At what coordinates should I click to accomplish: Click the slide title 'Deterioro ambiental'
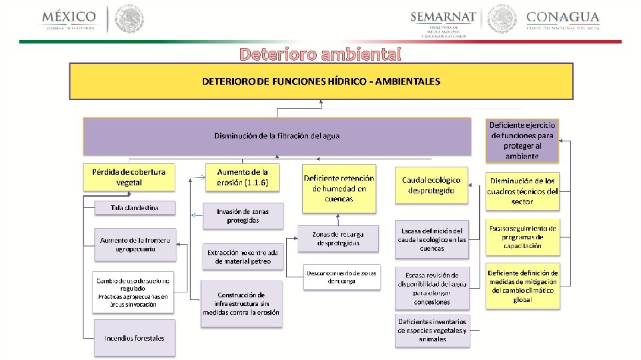(320, 54)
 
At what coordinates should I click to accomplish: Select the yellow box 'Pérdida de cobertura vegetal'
(129, 177)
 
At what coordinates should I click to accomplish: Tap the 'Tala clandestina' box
(135, 208)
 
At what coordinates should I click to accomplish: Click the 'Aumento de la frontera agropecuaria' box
(135, 244)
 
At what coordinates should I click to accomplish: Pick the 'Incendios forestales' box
(135, 338)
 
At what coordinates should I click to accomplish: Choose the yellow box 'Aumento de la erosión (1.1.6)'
(242, 177)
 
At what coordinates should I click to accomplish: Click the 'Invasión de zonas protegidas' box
(243, 216)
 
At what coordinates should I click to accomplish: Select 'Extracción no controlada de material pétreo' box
(243, 257)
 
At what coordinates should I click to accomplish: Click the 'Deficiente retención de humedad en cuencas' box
(339, 188)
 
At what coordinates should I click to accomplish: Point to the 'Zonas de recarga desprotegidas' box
(338, 239)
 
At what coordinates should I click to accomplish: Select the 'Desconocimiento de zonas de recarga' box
(342, 277)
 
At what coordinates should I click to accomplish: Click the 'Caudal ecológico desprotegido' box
(431, 185)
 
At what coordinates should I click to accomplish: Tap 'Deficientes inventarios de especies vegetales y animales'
(431, 330)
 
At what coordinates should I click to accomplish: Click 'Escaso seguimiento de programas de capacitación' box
(522, 237)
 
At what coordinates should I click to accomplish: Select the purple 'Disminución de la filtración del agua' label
(277, 136)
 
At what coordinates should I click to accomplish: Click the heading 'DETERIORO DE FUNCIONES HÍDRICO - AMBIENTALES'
(322, 81)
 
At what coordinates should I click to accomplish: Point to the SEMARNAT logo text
(444, 17)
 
